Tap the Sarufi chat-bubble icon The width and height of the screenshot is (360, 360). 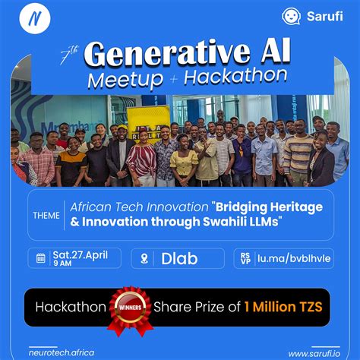click(291, 17)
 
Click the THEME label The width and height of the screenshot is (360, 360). click(47, 214)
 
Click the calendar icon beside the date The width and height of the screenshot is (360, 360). click(40, 258)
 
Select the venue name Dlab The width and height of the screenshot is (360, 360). click(179, 259)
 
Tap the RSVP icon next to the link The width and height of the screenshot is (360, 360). click(243, 258)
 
